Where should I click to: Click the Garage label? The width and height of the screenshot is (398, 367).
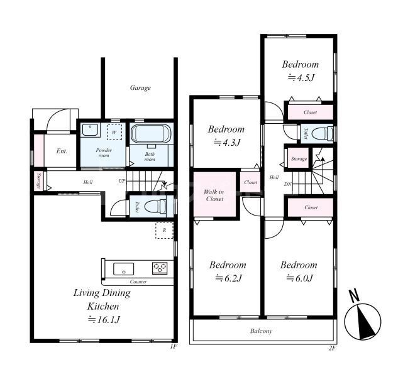point(140,88)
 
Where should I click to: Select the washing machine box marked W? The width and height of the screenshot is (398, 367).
point(114,132)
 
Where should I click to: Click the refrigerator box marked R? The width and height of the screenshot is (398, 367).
point(165,230)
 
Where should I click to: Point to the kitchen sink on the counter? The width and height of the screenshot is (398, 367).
point(124,269)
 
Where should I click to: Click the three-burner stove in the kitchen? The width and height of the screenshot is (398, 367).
point(160,268)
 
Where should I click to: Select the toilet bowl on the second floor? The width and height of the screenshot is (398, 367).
point(322,133)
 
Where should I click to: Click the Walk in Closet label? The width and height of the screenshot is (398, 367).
point(214,195)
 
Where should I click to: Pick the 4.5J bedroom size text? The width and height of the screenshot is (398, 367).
point(301,77)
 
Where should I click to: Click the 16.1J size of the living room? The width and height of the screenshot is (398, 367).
point(104,320)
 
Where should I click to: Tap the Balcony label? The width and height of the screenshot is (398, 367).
point(261,331)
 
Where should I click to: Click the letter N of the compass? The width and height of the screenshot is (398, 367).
point(355,296)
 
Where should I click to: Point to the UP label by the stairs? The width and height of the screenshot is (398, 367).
point(122,181)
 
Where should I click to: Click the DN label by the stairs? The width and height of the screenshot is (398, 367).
point(288,184)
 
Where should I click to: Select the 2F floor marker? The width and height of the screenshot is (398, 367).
point(332,348)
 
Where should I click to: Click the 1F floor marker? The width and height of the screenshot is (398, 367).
point(174,346)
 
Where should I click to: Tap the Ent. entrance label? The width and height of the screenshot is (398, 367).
point(62,151)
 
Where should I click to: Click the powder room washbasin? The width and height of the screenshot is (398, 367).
point(90,129)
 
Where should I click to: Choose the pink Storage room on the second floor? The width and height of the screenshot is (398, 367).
point(299,159)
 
